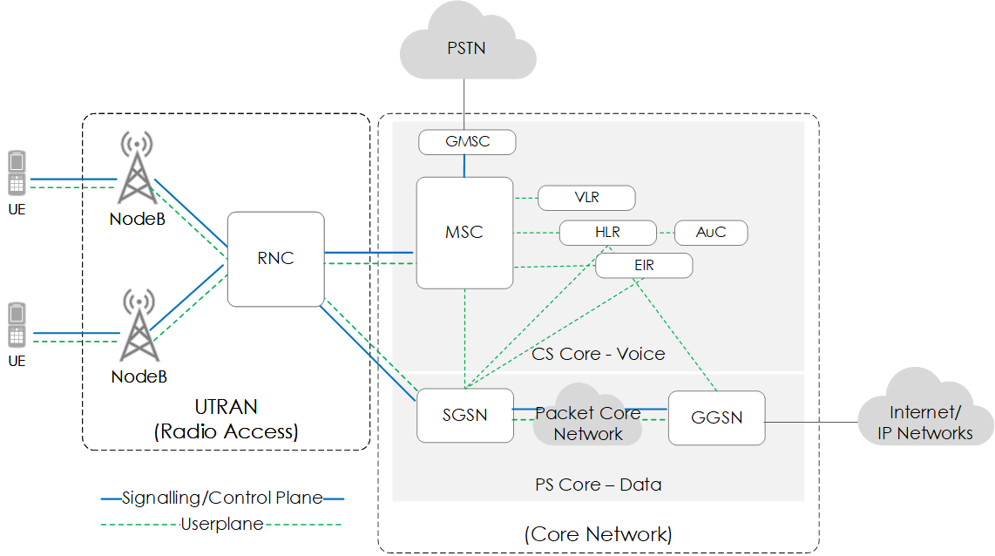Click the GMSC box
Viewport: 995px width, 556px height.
(x=467, y=142)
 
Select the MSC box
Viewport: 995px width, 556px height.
(x=464, y=233)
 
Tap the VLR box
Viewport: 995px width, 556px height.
(x=586, y=198)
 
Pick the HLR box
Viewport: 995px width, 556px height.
(x=607, y=233)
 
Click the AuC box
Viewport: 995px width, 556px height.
(x=711, y=233)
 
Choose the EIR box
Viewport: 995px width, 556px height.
(x=644, y=265)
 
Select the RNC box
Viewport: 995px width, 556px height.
(x=275, y=259)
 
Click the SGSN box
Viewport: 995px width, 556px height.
(x=464, y=415)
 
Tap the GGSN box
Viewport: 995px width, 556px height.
(x=716, y=418)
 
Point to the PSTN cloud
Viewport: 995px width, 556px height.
(x=467, y=48)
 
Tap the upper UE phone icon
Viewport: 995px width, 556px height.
(x=17, y=173)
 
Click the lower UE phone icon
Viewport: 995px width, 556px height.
(x=17, y=325)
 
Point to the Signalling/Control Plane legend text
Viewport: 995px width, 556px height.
(x=222, y=498)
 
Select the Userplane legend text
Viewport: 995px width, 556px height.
(x=222, y=524)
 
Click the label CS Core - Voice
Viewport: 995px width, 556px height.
(x=598, y=354)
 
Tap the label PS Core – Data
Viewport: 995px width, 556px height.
(x=598, y=485)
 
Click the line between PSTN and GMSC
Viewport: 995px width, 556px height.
(x=464, y=105)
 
